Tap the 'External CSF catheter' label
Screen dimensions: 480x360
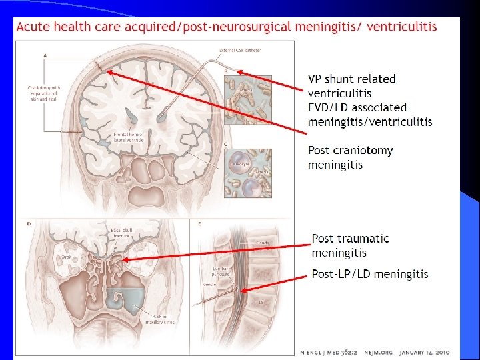coord(239,51)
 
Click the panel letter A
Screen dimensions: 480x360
coord(45,55)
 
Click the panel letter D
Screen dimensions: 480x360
coord(29,223)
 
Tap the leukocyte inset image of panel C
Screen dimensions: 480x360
coord(247,172)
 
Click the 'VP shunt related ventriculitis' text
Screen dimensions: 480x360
coord(351,86)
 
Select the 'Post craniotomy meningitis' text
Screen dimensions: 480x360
coord(350,157)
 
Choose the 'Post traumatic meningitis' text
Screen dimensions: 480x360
coord(350,245)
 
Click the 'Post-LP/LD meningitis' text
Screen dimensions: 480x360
coord(370,274)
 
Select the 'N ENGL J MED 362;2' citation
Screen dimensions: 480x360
coord(329,351)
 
